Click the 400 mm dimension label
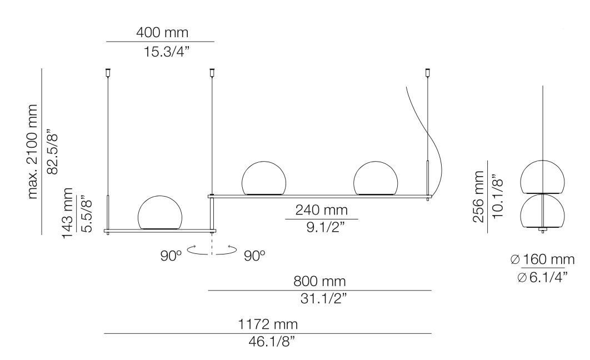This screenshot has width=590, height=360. [160, 33]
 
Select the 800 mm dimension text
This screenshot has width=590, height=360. [320, 281]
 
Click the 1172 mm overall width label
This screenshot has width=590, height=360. [268, 324]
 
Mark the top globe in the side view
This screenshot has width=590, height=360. [541, 176]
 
